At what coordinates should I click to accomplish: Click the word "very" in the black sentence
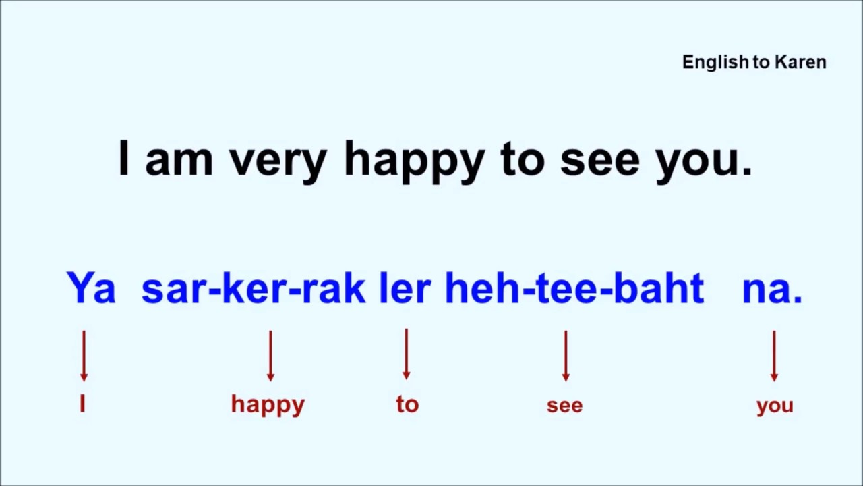click(x=278, y=161)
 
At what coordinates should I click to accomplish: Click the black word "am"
click(x=179, y=161)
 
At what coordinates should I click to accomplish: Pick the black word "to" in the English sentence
click(x=522, y=159)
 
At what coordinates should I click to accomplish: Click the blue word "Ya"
click(x=91, y=289)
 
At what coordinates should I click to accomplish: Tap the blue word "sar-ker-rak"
click(x=253, y=289)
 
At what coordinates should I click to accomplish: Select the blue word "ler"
click(x=405, y=289)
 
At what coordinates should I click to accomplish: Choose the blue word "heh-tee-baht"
click(x=574, y=289)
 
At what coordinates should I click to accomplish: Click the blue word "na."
click(x=772, y=289)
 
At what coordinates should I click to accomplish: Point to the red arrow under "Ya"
click(x=84, y=356)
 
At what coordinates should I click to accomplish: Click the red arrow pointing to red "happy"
click(x=270, y=356)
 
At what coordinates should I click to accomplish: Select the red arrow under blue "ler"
click(x=406, y=354)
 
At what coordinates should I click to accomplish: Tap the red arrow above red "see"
click(x=566, y=356)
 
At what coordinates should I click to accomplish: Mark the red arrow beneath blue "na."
click(x=774, y=356)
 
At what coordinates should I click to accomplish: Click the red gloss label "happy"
click(x=268, y=405)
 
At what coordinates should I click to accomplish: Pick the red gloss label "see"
click(x=564, y=406)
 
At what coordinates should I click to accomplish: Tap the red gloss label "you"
click(x=775, y=406)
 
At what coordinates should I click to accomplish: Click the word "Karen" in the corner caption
click(x=800, y=62)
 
